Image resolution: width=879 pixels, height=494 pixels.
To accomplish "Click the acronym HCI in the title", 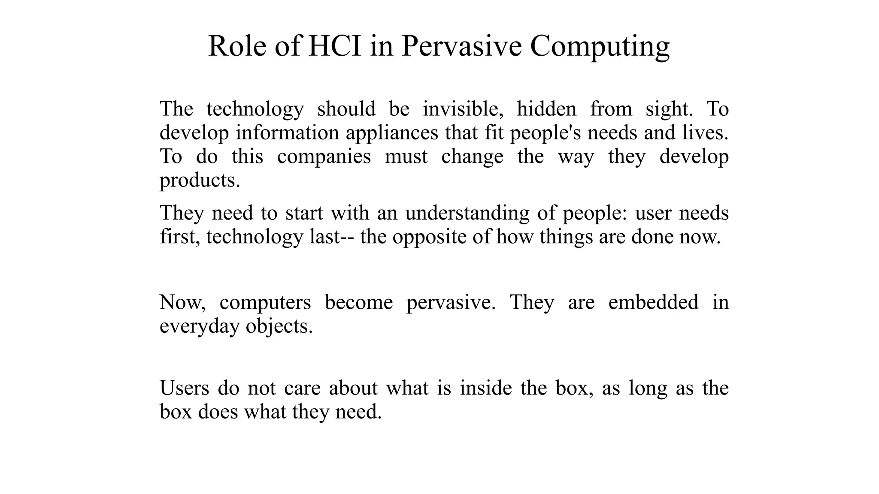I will [335, 46].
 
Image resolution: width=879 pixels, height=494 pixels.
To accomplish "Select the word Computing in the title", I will [600, 47].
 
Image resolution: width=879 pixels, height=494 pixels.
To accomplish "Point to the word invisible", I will [463, 109].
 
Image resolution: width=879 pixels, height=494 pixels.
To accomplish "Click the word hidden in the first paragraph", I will [546, 109].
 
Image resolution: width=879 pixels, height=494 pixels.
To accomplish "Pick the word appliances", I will [392, 133].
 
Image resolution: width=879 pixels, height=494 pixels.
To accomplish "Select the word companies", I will [324, 157].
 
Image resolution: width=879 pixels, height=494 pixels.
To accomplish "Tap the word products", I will [200, 181].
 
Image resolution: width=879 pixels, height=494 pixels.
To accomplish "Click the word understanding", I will [467, 213].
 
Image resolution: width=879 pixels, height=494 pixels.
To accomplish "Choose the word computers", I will [265, 302].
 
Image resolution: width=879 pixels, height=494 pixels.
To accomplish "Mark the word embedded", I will [653, 302].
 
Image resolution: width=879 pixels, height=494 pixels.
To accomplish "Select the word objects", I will [279, 326].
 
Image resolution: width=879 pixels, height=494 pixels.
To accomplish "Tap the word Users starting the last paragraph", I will [184, 388].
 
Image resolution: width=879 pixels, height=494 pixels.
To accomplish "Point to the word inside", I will [486, 388].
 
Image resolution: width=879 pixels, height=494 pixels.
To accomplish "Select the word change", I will [472, 157].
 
